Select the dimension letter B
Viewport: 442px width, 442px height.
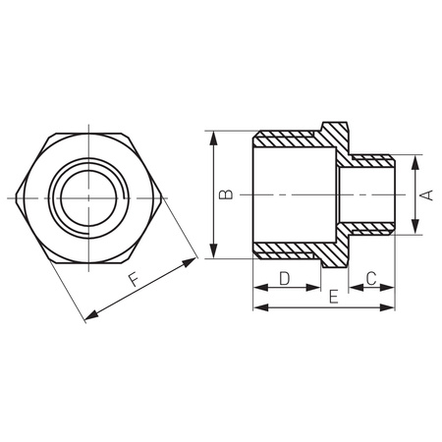226,195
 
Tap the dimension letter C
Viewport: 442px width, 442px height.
372,278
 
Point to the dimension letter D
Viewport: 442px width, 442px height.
284,278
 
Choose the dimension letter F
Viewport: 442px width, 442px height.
133,281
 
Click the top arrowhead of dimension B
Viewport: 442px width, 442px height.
213,138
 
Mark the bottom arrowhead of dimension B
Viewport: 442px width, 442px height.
213,253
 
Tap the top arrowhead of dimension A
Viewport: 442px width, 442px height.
414,159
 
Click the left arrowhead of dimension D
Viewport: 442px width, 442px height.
258,288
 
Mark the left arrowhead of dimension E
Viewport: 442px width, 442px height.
258,307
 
